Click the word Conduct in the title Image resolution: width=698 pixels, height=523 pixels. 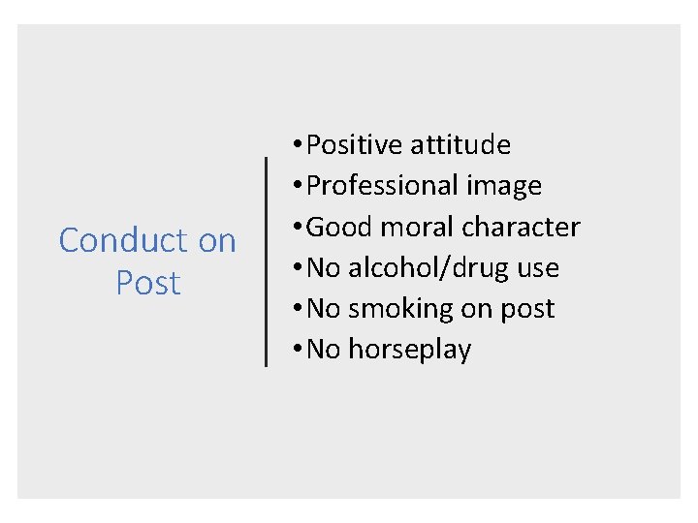(x=120, y=240)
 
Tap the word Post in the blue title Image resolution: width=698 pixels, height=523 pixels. (x=148, y=283)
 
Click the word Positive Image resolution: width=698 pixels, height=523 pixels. (x=354, y=145)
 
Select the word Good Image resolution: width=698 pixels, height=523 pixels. (x=336, y=227)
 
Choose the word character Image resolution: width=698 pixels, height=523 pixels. (x=521, y=227)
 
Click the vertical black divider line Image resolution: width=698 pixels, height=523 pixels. (x=267, y=261)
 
